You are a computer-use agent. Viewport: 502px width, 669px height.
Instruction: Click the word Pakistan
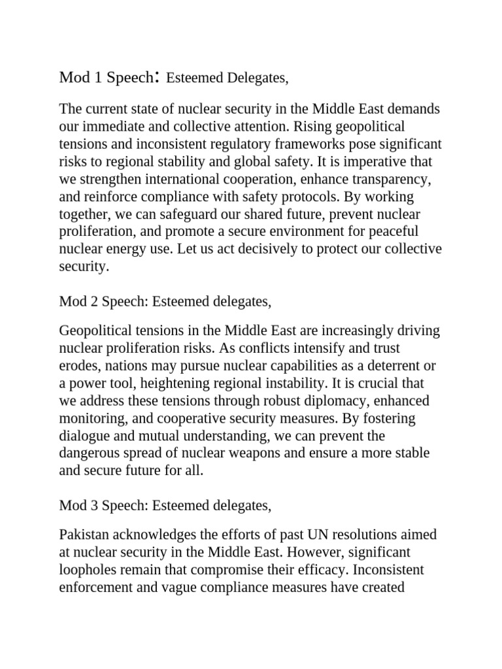click(84, 534)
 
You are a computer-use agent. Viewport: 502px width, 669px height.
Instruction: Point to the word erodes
click(77, 364)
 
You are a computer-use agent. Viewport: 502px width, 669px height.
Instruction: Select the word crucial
click(356, 382)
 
